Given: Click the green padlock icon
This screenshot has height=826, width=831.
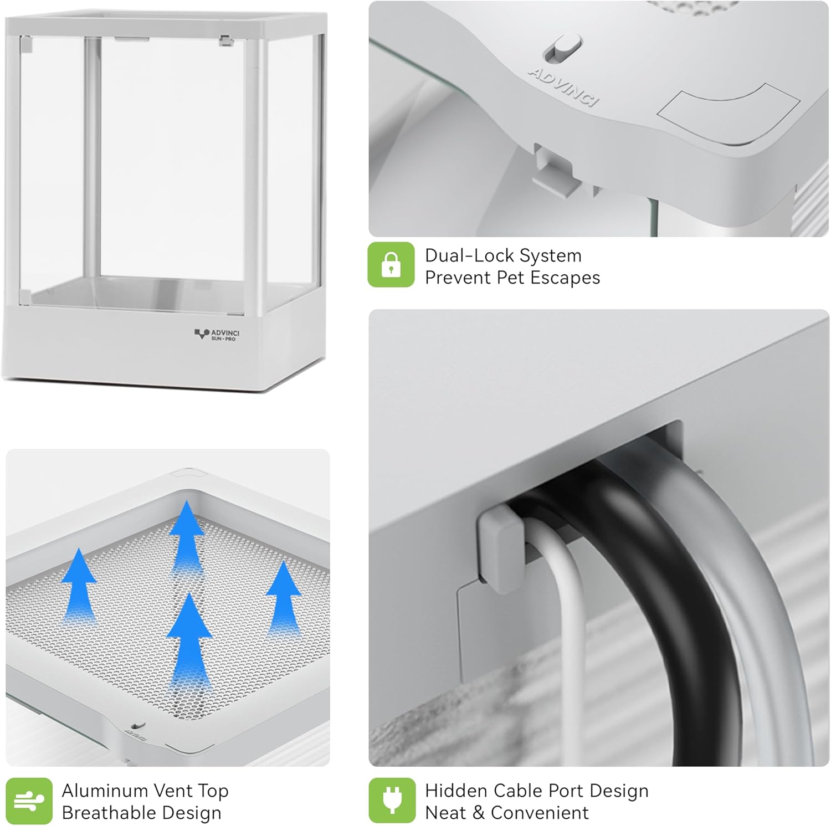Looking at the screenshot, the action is click(391, 264).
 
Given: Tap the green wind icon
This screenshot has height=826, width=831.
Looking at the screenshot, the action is click(29, 801).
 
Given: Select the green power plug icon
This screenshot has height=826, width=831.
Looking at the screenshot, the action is click(392, 801).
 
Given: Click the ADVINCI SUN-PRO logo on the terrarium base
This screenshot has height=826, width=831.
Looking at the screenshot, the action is click(217, 335).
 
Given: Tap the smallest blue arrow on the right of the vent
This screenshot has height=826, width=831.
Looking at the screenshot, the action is click(284, 598).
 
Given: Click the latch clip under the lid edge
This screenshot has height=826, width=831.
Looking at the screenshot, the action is click(554, 168).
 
